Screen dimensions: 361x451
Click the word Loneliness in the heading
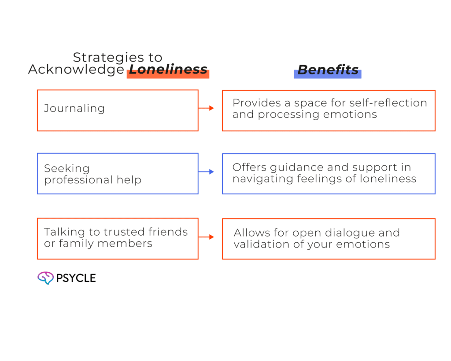pyautogui.click(x=168, y=69)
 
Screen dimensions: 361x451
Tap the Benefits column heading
pyautogui.click(x=328, y=69)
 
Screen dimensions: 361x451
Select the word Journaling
pyautogui.click(x=74, y=108)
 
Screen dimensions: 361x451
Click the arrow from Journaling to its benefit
pyautogui.click(x=207, y=108)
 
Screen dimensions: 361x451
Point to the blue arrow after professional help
pyautogui.click(x=207, y=172)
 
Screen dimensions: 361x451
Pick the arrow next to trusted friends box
pyautogui.click(x=207, y=237)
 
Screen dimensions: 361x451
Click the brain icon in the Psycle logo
pyautogui.click(x=45, y=278)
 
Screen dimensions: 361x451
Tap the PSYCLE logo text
pyautogui.click(x=76, y=278)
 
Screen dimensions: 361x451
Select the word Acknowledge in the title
pyautogui.click(x=76, y=69)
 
